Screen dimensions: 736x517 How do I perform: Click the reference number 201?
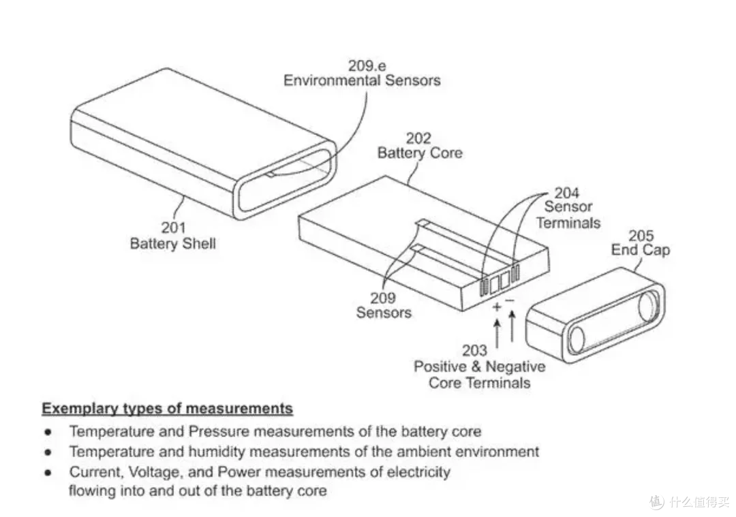pyautogui.click(x=173, y=228)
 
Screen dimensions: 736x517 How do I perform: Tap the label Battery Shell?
pyautogui.click(x=172, y=243)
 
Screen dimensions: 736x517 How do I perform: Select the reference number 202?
pyautogui.click(x=418, y=138)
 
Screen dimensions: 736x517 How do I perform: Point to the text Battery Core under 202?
pyautogui.click(x=420, y=153)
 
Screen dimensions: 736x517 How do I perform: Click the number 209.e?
pyautogui.click(x=367, y=65)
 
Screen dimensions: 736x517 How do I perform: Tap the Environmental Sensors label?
pyautogui.click(x=362, y=80)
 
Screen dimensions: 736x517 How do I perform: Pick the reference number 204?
pyautogui.click(x=566, y=192)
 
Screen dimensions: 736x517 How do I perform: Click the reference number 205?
pyautogui.click(x=641, y=235)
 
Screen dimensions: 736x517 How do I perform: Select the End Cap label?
pyautogui.click(x=640, y=249)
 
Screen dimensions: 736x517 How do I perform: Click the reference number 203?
pyautogui.click(x=474, y=350)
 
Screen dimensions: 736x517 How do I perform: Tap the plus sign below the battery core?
pyautogui.click(x=497, y=307)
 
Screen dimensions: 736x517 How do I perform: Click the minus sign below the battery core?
pyautogui.click(x=510, y=300)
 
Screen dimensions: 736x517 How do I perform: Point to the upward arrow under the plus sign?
pyautogui.click(x=497, y=334)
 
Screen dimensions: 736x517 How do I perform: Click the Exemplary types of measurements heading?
pyautogui.click(x=168, y=409)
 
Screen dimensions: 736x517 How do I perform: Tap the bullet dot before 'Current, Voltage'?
pyautogui.click(x=48, y=473)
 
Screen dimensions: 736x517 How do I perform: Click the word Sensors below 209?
pyautogui.click(x=384, y=313)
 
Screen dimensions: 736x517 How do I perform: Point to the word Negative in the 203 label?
pyautogui.click(x=515, y=366)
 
